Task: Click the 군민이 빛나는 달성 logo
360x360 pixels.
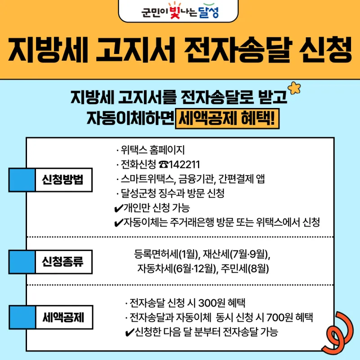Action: click(180, 10)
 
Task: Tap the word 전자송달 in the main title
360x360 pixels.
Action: click(238, 49)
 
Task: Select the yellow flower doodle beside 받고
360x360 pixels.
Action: click(294, 88)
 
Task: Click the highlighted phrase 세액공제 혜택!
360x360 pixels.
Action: click(227, 118)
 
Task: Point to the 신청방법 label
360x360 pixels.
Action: click(63, 180)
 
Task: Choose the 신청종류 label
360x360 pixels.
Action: click(63, 262)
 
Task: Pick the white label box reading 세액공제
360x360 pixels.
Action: click(64, 317)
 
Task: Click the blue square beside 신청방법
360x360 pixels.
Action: click(22, 180)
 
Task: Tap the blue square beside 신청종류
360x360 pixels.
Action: click(22, 262)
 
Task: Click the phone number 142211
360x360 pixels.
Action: click(184, 165)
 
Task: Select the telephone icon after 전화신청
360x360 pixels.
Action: click(163, 165)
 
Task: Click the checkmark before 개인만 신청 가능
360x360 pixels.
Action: click(118, 208)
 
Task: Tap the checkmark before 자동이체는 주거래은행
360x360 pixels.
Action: click(118, 223)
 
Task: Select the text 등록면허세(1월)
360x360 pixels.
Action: click(166, 254)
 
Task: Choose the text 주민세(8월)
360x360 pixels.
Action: click(245, 268)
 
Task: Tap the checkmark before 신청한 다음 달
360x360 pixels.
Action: click(130, 333)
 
